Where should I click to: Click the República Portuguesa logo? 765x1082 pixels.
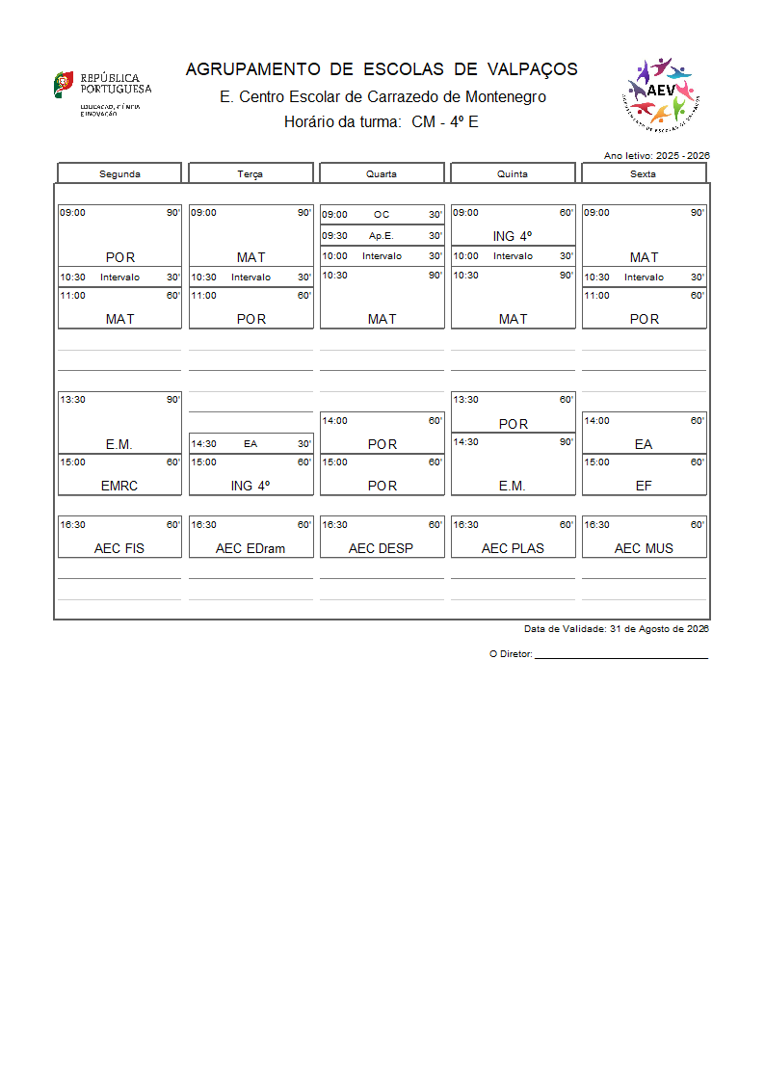[x=101, y=92]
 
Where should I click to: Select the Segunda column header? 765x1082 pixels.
[x=119, y=173]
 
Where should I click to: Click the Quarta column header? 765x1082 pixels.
[x=382, y=173]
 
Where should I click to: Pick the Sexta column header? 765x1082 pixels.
[x=643, y=173]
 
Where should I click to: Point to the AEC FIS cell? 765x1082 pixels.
[x=119, y=548]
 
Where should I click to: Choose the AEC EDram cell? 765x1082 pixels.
[x=251, y=548]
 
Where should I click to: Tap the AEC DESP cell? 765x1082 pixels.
[x=382, y=548]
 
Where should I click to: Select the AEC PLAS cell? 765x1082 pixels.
[x=513, y=548]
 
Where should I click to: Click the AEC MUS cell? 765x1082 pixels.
[x=644, y=548]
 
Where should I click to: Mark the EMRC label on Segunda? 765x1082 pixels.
[x=119, y=486]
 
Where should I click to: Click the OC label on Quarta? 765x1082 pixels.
[x=382, y=215]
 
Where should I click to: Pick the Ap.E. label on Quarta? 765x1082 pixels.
[x=382, y=235]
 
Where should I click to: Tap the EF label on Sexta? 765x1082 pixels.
[x=644, y=486]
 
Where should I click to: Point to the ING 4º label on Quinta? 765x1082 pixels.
[x=513, y=236]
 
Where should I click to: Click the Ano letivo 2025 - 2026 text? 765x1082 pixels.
[x=656, y=155]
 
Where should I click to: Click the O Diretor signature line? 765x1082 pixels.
[x=620, y=656]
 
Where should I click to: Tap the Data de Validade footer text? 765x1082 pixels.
[x=617, y=628]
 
